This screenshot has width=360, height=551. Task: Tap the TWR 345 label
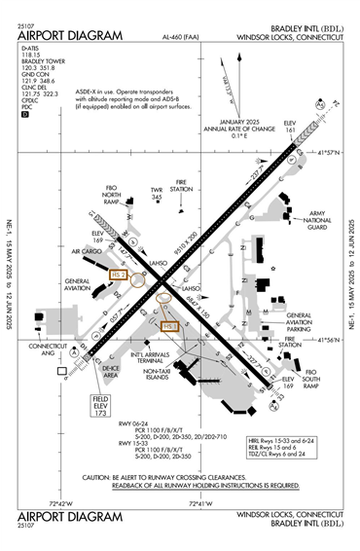(155, 194)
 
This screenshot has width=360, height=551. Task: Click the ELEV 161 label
(289, 129)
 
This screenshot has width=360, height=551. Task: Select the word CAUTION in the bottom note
(97, 477)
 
